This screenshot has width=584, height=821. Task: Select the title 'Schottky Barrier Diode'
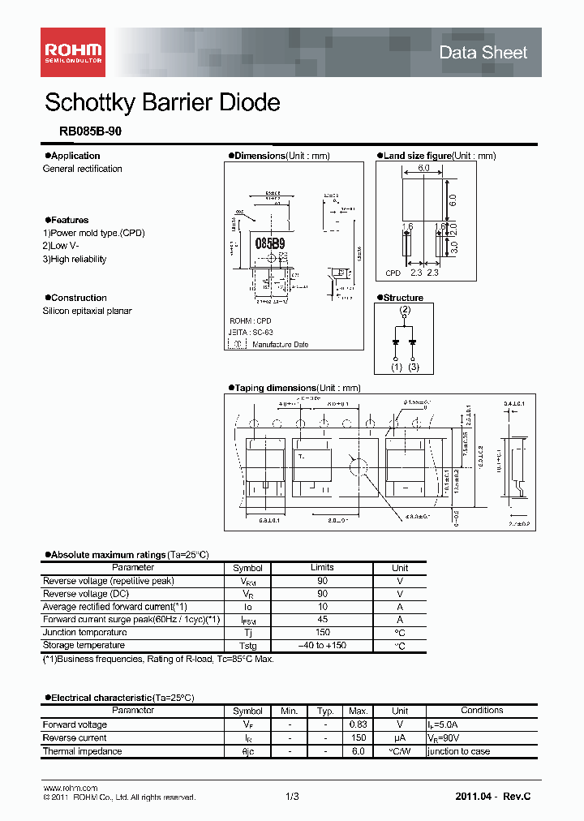[x=162, y=103]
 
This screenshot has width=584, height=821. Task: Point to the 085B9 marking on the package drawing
[x=270, y=243]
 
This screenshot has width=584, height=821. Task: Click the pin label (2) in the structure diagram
[x=404, y=310]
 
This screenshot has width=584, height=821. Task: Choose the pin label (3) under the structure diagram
[x=414, y=368]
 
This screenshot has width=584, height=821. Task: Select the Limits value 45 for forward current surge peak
[x=322, y=620]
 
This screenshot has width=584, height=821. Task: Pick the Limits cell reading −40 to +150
[x=322, y=646]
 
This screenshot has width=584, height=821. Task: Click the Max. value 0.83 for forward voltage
[x=358, y=725]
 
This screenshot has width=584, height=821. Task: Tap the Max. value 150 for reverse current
[x=358, y=738]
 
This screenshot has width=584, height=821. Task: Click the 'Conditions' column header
[x=482, y=711]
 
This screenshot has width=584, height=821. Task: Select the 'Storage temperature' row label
[x=84, y=646]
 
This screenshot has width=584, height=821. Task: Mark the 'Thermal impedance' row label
[x=82, y=751]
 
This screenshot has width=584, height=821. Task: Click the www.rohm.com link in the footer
[x=70, y=788]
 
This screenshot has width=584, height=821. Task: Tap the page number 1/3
[x=293, y=797]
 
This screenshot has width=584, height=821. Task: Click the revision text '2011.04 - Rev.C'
[x=493, y=797]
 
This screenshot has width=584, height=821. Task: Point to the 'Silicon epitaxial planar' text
[x=87, y=312]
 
